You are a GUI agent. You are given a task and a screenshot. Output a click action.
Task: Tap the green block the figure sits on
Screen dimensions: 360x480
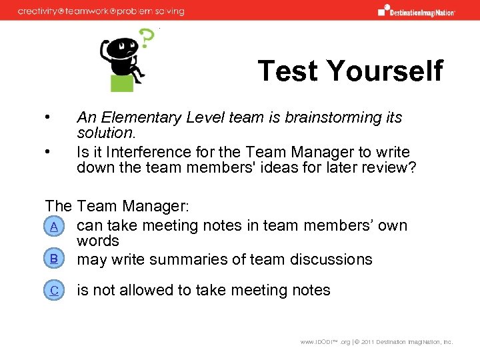click(x=122, y=83)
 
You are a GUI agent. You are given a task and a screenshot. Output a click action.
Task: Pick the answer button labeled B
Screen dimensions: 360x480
click(x=53, y=259)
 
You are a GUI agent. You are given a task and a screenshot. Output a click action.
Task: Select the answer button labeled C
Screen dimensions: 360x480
click(x=53, y=290)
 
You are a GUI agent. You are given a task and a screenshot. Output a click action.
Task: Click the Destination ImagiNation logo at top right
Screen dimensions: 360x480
click(x=417, y=10)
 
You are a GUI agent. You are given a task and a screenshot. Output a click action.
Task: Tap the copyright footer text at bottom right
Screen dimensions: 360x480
click(x=376, y=342)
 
